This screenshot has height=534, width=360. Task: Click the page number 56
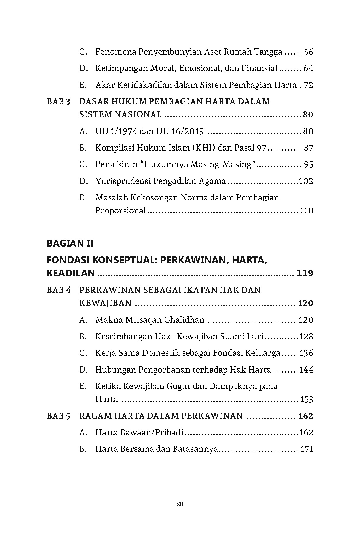point(308,52)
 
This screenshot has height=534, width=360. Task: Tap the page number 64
point(308,69)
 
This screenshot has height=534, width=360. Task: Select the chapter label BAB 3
point(58,102)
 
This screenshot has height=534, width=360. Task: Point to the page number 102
point(306,181)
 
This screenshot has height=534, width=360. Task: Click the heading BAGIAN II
point(70,243)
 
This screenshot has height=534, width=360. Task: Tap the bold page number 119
point(305,273)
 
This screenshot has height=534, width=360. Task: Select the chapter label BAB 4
point(59,290)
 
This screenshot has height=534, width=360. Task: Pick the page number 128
point(306,337)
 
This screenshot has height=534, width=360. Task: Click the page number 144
point(306,370)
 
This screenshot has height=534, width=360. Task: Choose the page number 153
point(306,400)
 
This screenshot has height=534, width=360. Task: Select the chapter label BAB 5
point(58,416)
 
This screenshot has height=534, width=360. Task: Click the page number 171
point(307,449)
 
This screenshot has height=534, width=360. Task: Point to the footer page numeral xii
point(180,504)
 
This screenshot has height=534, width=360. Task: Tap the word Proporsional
point(121,211)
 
